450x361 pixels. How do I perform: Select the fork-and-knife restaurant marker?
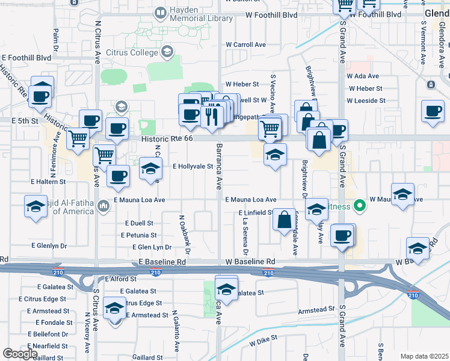click(x=211, y=114)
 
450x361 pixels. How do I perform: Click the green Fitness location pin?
click(x=360, y=206)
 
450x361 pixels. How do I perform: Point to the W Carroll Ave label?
click(x=245, y=45)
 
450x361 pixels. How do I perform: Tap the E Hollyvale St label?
click(x=193, y=166)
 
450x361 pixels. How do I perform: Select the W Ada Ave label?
click(x=363, y=76)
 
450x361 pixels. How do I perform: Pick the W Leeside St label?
click(x=365, y=99)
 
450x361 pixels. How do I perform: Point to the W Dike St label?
click(x=263, y=338)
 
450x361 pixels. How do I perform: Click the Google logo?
click(x=20, y=354)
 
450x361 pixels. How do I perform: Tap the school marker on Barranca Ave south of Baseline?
click(x=226, y=289)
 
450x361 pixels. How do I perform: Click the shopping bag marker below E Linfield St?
click(x=285, y=220)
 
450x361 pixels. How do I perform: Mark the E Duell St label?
click(x=139, y=223)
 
